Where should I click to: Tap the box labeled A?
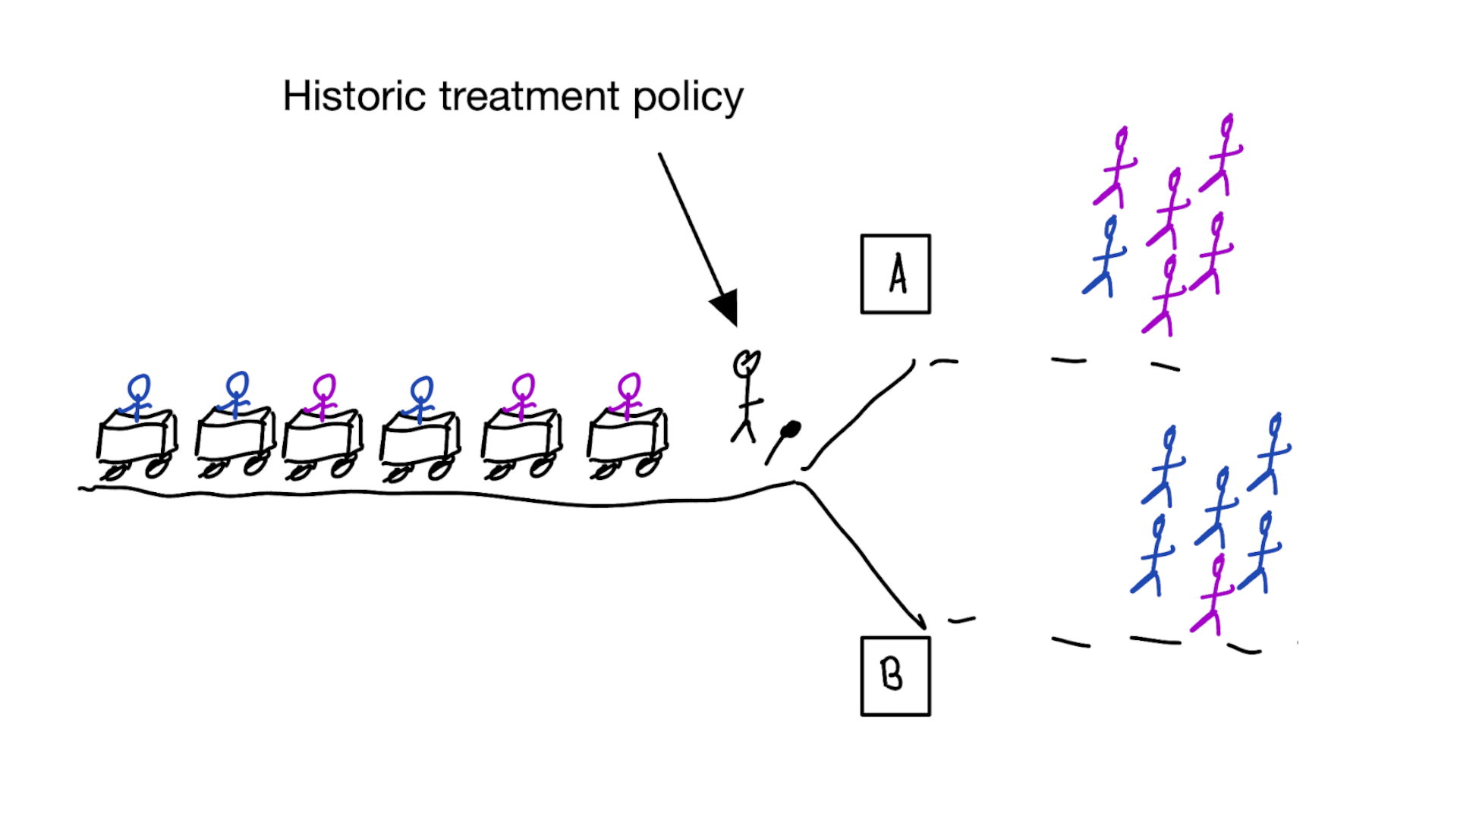895,274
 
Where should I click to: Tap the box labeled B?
895,676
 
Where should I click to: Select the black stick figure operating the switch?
746,397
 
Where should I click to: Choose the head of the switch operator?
746,363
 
